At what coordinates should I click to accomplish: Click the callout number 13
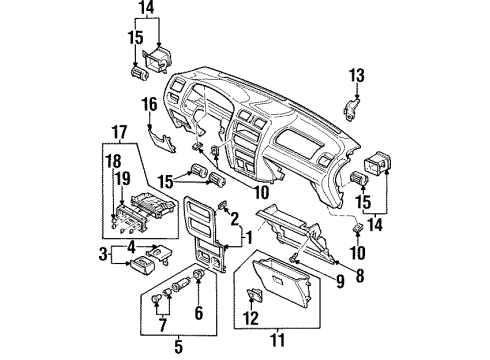click(x=357, y=75)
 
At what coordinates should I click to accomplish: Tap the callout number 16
click(x=150, y=104)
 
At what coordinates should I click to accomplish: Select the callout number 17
click(x=119, y=132)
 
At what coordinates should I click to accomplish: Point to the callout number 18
click(x=113, y=162)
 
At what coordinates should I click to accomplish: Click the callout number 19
click(x=123, y=179)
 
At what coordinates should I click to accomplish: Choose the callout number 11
click(x=277, y=340)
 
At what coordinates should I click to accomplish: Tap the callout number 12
click(x=251, y=318)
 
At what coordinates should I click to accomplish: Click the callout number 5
click(x=179, y=347)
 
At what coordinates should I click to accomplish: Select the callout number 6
click(x=199, y=313)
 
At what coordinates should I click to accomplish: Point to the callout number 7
click(x=162, y=325)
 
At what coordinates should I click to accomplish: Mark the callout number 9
click(x=340, y=282)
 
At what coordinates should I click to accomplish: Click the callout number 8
click(x=360, y=276)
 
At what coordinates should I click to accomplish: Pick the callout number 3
click(x=103, y=254)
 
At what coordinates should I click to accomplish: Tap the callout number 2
click(x=235, y=219)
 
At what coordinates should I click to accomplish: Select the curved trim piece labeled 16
click(x=162, y=142)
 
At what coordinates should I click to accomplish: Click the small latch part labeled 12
click(x=255, y=294)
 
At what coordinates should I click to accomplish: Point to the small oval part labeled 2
click(x=221, y=205)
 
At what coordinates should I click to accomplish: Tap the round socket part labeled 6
click(x=199, y=274)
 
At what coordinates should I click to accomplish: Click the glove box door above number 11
click(x=283, y=283)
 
